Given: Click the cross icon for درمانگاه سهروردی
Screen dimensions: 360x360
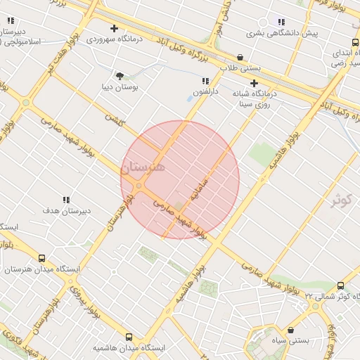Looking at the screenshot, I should click(x=114, y=29).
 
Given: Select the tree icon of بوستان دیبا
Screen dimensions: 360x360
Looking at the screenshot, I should click(x=120, y=75).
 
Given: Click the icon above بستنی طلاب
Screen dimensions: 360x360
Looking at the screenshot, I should click(x=240, y=58).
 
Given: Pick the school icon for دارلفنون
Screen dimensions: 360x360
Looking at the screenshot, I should click(x=206, y=82).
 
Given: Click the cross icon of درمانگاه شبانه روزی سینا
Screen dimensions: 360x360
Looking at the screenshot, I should click(x=254, y=83).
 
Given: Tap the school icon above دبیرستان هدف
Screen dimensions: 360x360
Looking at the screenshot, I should click(x=66, y=200).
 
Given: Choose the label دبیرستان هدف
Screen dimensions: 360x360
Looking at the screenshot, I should click(x=66, y=211).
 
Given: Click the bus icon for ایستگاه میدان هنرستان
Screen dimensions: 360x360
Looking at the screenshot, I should click(x=42, y=259).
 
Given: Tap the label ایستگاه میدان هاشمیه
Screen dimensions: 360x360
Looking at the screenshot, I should click(x=129, y=348).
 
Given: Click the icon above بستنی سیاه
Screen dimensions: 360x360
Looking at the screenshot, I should click(x=292, y=330).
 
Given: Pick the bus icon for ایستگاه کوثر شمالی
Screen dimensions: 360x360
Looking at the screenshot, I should click(x=341, y=285).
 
